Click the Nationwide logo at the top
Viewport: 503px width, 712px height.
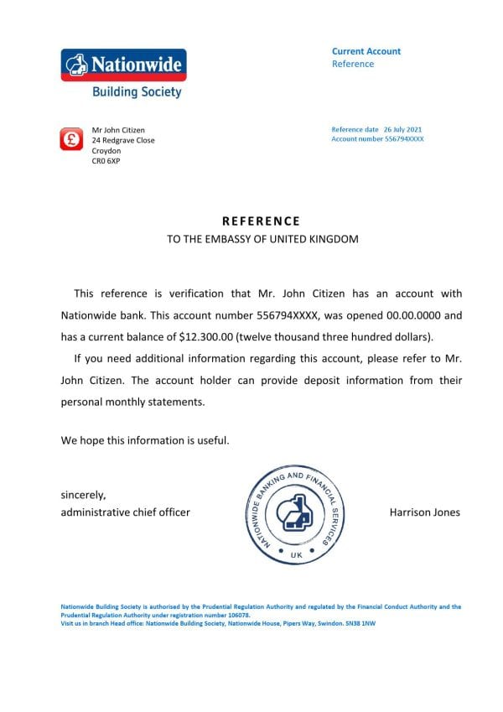[x=123, y=65]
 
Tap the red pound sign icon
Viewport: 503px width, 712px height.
[x=71, y=139]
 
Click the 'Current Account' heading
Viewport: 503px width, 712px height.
[x=366, y=51]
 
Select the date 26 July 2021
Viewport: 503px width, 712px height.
[x=402, y=130]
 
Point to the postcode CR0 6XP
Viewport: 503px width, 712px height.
[x=106, y=160]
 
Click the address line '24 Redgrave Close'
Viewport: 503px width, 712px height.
[x=123, y=140]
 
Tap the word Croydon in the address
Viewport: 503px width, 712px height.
[x=106, y=150]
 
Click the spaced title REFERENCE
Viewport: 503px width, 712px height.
[x=261, y=221]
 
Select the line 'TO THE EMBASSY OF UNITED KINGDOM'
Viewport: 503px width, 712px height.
[x=262, y=239]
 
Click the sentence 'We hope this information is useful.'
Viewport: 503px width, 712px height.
[x=144, y=439]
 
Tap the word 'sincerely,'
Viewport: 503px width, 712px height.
[x=84, y=495]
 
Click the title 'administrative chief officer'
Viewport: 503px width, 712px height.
[x=125, y=512]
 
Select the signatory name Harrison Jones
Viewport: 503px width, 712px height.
[x=424, y=512]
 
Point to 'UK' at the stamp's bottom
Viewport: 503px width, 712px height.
[x=295, y=555]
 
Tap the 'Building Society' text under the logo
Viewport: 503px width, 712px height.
[x=137, y=92]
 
